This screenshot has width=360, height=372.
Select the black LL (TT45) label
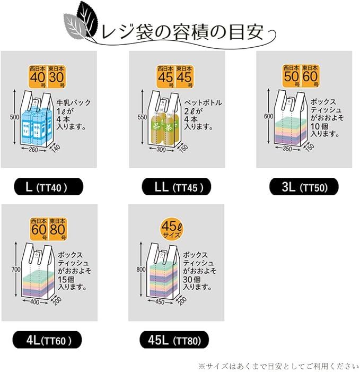tap(177, 187)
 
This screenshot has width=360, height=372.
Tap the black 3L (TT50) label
tap(303, 187)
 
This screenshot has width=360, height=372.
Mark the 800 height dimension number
tap(141, 270)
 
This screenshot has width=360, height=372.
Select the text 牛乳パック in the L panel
tap(62, 102)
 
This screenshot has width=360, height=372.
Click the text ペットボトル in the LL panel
tap(203, 102)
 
